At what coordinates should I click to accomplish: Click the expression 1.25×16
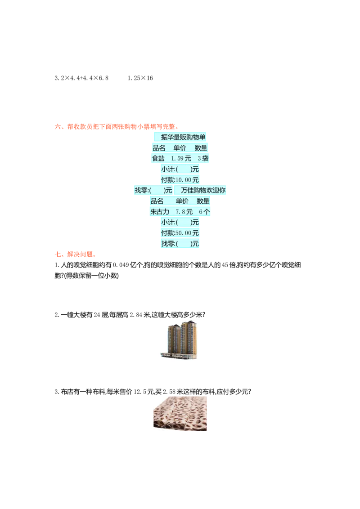coord(140,78)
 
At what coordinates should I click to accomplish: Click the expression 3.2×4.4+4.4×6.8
coord(81,78)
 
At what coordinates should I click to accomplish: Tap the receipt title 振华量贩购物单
coord(183,137)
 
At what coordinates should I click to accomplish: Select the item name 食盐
coord(158,158)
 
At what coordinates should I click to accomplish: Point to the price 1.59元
coord(181,158)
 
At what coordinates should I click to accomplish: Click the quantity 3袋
coord(203,158)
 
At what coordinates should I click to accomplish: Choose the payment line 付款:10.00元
coord(180,180)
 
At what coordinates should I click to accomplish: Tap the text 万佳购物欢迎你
coord(203,190)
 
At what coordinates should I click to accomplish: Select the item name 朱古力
coord(160,212)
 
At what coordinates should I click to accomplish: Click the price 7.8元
coord(184,212)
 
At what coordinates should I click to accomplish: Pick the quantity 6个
coord(204,212)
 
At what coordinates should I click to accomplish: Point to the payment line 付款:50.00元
coord(180,233)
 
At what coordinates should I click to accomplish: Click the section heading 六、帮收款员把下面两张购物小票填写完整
coord(117,127)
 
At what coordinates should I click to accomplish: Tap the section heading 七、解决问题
coord(76,254)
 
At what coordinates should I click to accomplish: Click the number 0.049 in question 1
coord(121,265)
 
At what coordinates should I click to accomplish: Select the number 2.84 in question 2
coord(136,315)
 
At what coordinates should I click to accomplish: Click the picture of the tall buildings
coord(179,340)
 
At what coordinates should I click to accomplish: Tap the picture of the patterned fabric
coord(180,414)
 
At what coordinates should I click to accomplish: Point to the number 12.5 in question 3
coord(139,392)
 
